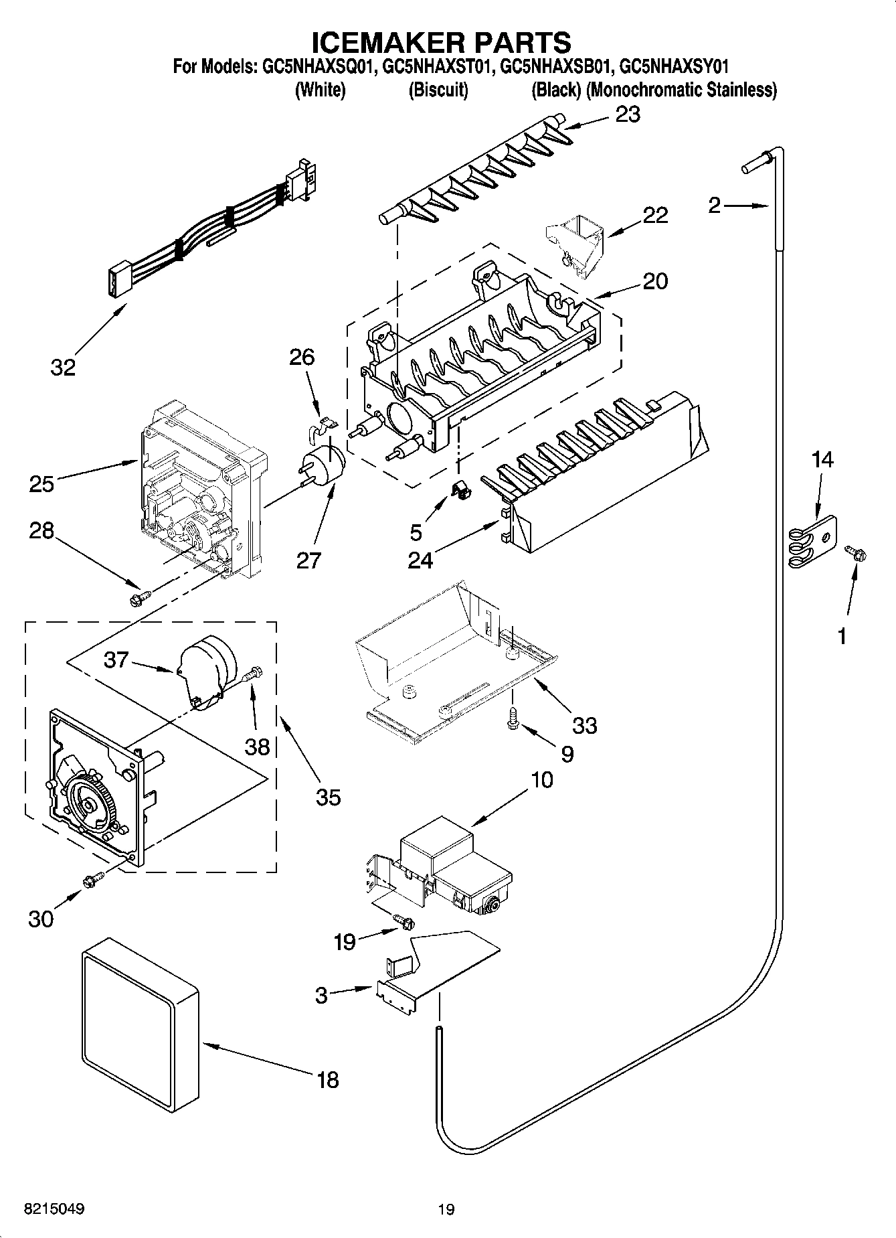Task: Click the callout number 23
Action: coord(628,114)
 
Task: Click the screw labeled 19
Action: coord(403,921)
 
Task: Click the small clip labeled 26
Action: coord(324,427)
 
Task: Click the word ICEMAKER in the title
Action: coord(387,42)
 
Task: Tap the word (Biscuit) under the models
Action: coord(438,90)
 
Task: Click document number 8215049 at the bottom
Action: coord(55,1209)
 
